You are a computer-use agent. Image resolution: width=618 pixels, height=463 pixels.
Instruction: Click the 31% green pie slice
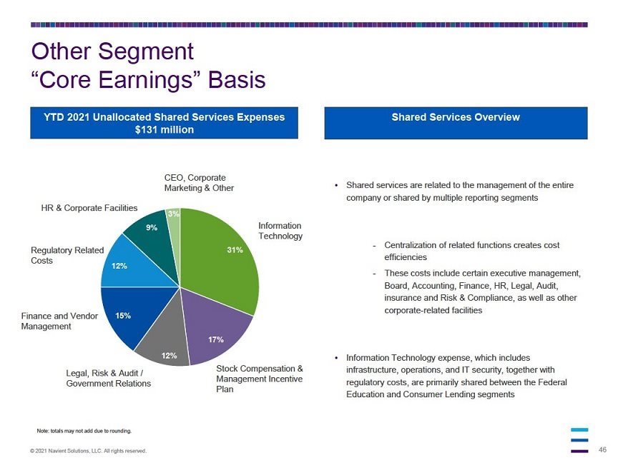(221, 260)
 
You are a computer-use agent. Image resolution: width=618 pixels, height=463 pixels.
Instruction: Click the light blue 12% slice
(130, 266)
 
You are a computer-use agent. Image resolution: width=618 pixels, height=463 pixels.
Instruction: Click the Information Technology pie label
(280, 231)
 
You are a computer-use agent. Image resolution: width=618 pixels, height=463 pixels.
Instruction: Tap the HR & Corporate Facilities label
(89, 208)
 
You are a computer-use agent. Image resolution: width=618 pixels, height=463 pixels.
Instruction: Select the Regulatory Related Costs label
(67, 256)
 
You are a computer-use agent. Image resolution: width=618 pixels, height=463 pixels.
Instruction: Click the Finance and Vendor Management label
(59, 321)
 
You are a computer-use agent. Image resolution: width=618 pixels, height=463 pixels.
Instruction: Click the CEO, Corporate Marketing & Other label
(199, 183)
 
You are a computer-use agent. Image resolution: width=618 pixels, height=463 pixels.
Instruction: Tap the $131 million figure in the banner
(165, 129)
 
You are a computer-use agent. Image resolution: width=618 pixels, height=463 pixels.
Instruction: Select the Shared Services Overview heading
(456, 117)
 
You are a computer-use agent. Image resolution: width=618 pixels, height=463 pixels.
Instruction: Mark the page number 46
(602, 449)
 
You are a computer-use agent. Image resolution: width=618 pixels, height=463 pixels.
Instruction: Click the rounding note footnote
(84, 431)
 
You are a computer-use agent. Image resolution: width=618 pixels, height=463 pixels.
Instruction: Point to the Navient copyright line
(88, 451)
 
